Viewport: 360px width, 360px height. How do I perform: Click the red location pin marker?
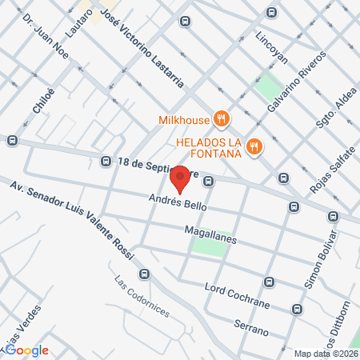tap(181, 178)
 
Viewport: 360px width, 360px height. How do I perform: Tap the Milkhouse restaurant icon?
tap(222, 121)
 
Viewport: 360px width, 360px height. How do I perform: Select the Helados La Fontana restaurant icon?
tap(254, 145)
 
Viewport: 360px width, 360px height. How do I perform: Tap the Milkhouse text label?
tap(184, 121)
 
